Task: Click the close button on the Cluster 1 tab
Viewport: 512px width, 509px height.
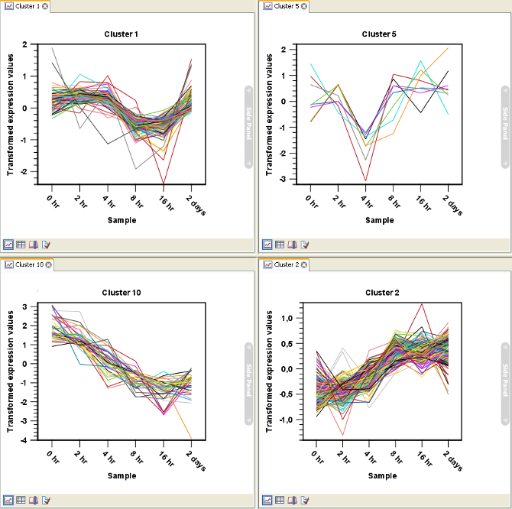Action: [45, 6]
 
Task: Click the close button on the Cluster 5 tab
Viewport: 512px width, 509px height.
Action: [305, 6]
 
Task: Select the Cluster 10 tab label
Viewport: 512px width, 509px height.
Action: [27, 264]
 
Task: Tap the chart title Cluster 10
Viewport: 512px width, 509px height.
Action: [122, 293]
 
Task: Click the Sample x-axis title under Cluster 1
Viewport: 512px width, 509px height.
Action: [121, 220]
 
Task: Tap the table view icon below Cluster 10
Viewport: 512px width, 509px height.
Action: [21, 501]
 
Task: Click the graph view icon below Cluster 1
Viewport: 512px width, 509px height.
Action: [8, 245]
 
